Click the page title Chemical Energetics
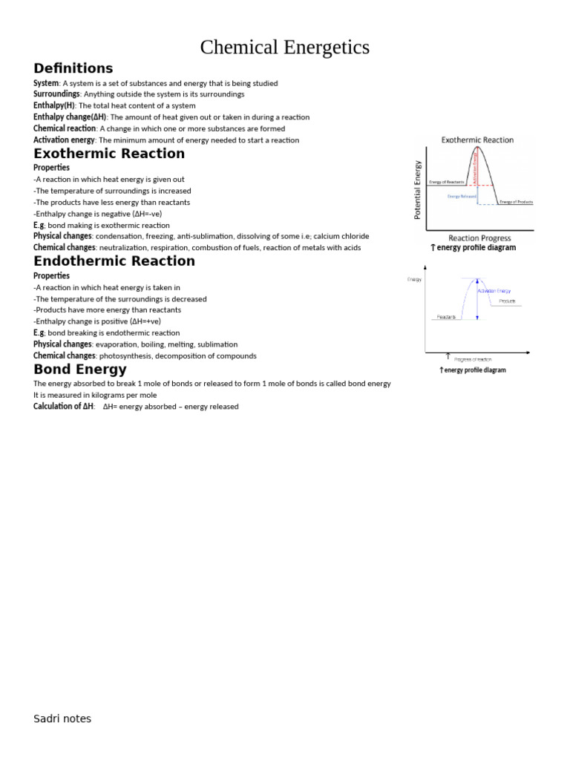coord(284,47)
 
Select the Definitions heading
coord(73,69)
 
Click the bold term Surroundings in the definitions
coord(56,94)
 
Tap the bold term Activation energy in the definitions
coord(64,140)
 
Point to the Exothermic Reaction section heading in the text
coord(109,154)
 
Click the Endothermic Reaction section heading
coord(114,261)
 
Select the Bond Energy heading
coord(79,370)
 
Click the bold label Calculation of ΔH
coord(63,407)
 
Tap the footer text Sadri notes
coord(62,718)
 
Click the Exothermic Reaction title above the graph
coord(477,140)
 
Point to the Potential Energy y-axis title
coord(417,189)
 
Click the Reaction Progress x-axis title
coord(479,238)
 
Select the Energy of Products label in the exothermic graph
coord(516,202)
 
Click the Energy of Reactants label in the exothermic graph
coord(447,182)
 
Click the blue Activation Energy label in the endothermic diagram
coord(494,291)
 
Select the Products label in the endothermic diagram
coord(507,301)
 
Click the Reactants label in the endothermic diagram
coord(446,317)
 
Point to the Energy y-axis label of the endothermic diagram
coord(414,279)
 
